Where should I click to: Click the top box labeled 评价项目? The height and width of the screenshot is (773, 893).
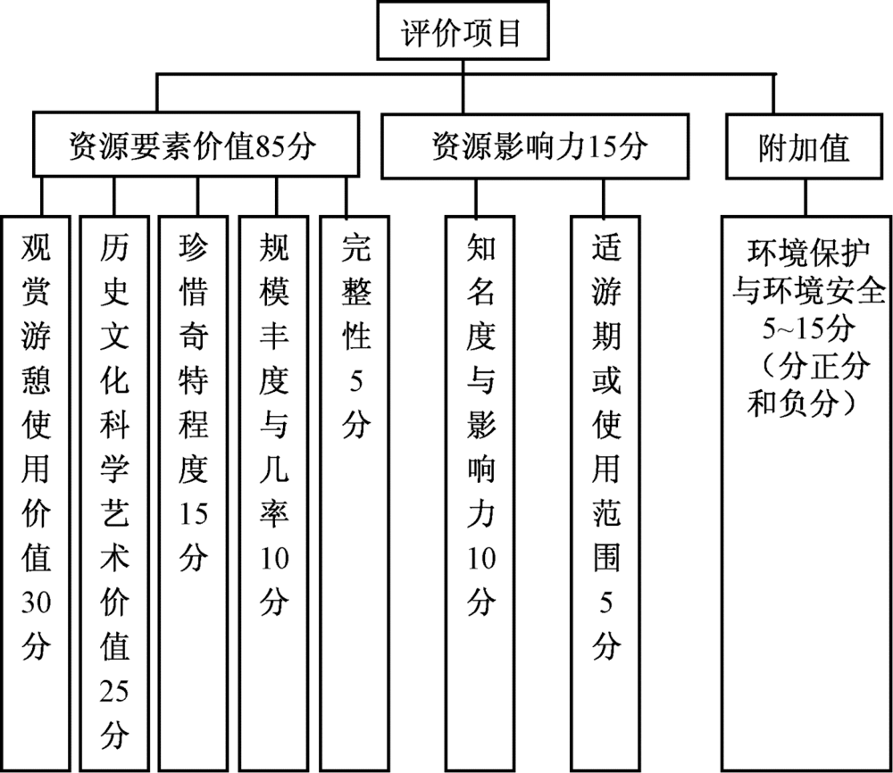point(463,30)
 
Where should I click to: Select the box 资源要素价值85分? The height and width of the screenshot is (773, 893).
point(196,144)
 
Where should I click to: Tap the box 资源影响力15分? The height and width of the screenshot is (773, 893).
point(535,146)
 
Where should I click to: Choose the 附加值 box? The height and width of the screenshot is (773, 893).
point(804,146)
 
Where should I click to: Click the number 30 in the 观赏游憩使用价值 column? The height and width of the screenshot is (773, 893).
point(37,602)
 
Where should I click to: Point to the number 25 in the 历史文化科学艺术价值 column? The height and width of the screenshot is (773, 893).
point(114,691)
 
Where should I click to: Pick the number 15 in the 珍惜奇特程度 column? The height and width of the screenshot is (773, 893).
point(194,513)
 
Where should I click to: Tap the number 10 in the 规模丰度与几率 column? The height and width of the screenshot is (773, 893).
point(274,558)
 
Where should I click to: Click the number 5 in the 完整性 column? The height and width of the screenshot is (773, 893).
point(356,380)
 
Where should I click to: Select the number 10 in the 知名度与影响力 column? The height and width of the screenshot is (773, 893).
point(481,558)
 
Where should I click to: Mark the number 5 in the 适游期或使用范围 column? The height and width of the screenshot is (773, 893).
point(606,603)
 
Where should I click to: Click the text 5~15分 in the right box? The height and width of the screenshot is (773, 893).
point(809,328)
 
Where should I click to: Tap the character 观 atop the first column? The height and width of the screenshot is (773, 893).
point(37,247)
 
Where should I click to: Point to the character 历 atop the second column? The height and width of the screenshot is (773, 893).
point(114,247)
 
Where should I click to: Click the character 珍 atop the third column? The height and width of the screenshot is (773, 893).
point(194,247)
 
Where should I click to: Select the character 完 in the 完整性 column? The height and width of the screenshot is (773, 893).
point(356,247)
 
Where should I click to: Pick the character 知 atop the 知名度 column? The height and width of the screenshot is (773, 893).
point(481,247)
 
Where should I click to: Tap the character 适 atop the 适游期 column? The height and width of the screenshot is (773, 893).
point(606,247)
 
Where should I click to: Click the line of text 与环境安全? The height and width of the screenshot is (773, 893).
point(809,290)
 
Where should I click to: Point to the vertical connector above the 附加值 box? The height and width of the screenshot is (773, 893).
point(773,94)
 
